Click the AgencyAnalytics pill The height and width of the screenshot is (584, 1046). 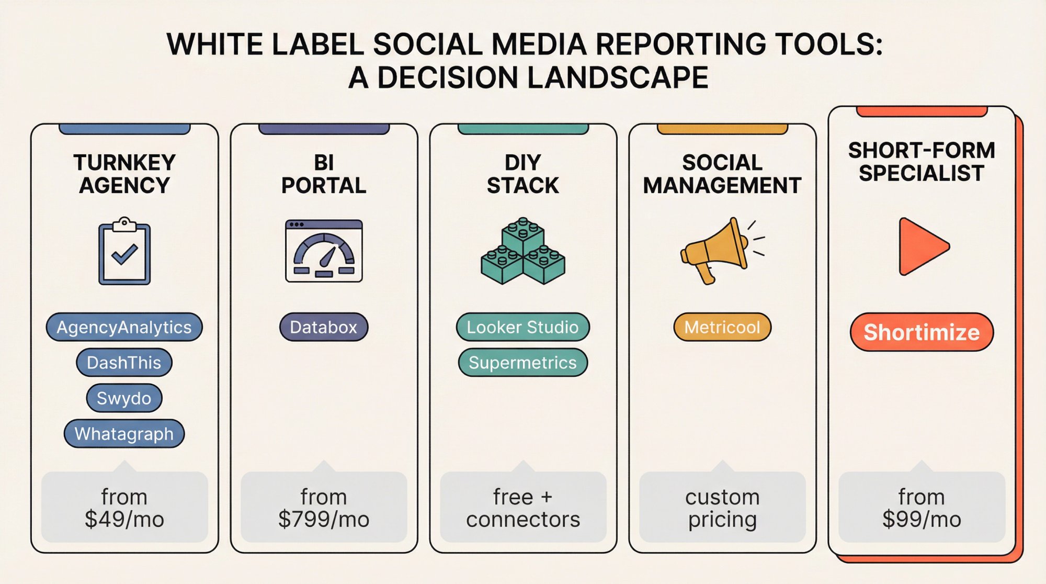point(124,327)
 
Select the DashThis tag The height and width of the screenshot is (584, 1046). point(124,363)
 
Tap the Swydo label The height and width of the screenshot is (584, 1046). point(124,398)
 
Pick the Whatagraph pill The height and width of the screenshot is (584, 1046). point(124,434)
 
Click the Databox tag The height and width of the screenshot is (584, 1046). point(324,327)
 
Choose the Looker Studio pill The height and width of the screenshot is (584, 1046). point(522,327)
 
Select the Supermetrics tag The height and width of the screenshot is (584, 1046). point(522,363)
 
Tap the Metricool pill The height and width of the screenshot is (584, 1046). point(722,327)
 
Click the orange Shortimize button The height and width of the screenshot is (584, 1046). point(922,332)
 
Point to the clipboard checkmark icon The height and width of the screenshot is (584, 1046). point(124,252)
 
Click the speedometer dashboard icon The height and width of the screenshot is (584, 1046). point(324,251)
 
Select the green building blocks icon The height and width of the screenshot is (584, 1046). point(522,252)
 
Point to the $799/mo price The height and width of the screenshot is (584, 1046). point(324,519)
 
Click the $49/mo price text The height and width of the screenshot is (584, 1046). point(124,519)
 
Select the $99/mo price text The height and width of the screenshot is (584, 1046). point(922,519)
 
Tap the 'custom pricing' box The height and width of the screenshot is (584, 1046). point(722,508)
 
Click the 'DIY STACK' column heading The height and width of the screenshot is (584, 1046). point(522,174)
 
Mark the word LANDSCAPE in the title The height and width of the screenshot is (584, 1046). point(617,77)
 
